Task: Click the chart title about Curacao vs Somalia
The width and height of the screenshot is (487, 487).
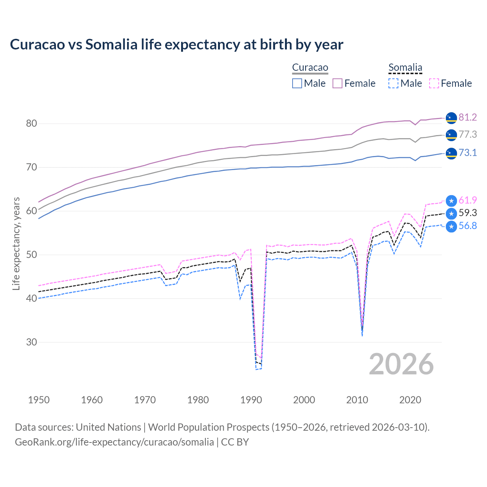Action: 177,45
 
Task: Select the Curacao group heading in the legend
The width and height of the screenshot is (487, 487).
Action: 310,68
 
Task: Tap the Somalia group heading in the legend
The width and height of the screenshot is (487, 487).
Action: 405,68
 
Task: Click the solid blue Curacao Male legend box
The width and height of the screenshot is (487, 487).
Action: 297,83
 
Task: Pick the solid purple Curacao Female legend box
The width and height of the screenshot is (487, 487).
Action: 338,83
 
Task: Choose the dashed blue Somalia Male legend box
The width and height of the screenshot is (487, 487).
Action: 393,83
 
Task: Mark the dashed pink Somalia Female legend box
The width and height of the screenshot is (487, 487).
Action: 434,83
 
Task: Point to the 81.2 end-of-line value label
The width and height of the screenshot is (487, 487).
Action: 468,117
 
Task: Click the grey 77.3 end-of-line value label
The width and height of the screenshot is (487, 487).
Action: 468,134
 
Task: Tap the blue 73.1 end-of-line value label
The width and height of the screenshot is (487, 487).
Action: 468,153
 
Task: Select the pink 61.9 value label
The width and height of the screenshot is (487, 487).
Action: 468,200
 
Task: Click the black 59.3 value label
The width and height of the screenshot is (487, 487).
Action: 468,213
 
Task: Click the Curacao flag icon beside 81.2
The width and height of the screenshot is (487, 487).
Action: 451,118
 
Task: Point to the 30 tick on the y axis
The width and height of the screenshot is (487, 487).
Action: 32,342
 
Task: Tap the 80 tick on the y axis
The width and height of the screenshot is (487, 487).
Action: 32,123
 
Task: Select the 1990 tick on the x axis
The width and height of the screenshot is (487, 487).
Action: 251,400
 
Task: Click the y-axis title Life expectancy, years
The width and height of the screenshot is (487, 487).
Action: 16,243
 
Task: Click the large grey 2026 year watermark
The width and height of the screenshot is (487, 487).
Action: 401,364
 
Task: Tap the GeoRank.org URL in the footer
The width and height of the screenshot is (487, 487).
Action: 114,442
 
